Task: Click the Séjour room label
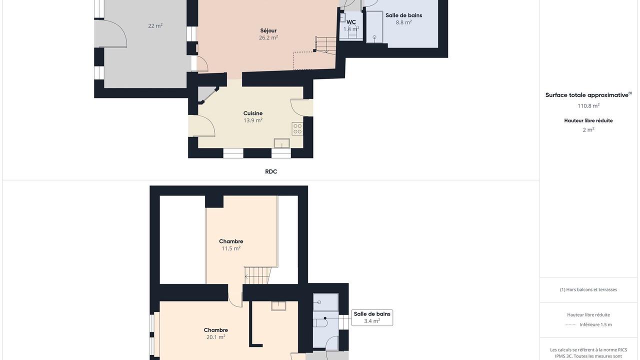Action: (x=268, y=30)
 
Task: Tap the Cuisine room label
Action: (x=253, y=113)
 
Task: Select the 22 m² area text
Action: (x=155, y=25)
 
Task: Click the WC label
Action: (x=351, y=22)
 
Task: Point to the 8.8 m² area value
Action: (x=403, y=22)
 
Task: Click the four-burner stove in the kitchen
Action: (x=297, y=129)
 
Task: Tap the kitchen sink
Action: (x=281, y=143)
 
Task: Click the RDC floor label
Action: (x=271, y=171)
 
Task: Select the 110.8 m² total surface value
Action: (x=588, y=105)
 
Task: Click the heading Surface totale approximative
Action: (x=587, y=95)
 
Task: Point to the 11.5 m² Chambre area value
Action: (x=231, y=248)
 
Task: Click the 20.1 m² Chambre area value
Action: (x=215, y=337)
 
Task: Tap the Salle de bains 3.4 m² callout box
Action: (x=372, y=317)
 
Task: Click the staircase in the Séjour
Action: (x=325, y=45)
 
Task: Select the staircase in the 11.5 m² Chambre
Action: (x=257, y=275)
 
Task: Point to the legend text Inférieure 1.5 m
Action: (x=595, y=324)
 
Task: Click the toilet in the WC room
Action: (x=352, y=31)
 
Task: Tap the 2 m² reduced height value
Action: (x=588, y=129)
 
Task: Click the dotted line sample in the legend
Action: (x=570, y=324)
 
